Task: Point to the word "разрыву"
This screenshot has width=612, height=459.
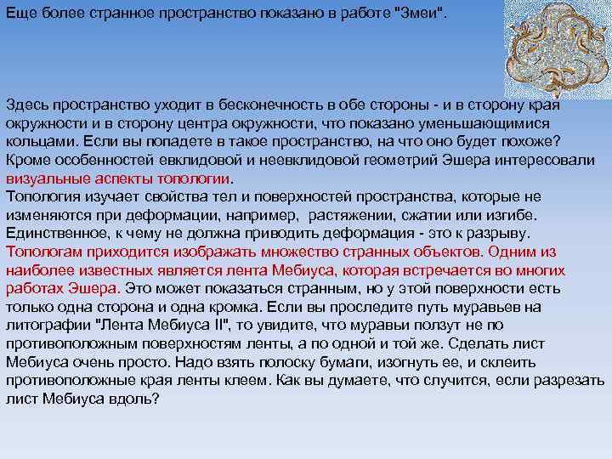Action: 501,233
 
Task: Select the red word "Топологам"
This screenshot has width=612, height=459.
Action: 42,252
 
